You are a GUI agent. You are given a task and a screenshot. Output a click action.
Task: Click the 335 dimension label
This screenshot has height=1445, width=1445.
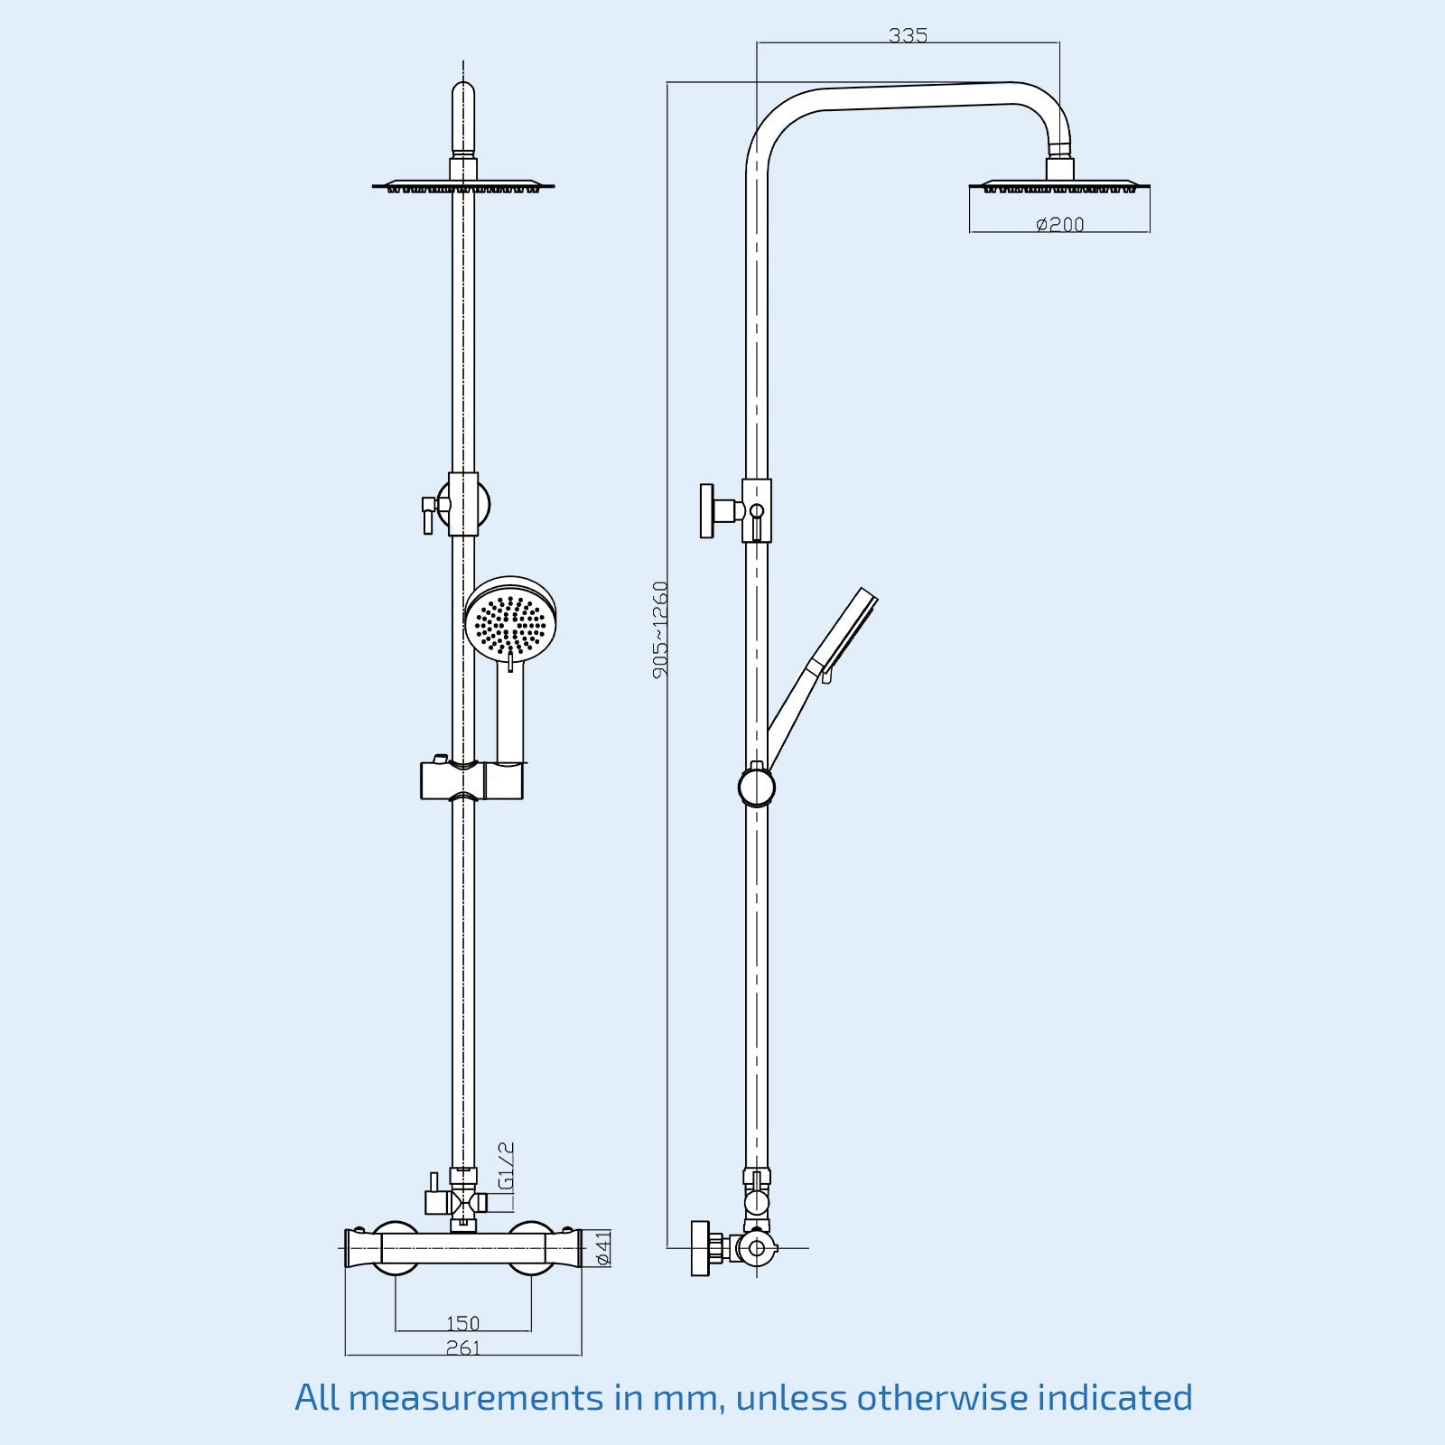click(x=908, y=35)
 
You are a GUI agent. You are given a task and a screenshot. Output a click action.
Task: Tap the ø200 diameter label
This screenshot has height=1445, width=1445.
click(x=1059, y=224)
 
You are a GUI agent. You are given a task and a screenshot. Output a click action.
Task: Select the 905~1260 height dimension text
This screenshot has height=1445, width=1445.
click(x=661, y=629)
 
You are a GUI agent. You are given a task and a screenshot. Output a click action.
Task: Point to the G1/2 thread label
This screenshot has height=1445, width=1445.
click(x=507, y=1166)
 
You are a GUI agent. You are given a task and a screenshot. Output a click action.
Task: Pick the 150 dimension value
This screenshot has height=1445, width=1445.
click(x=462, y=1323)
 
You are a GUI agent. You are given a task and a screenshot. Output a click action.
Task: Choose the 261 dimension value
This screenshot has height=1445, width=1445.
click(x=462, y=1347)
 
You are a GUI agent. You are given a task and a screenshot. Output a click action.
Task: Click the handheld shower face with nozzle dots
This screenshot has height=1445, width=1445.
click(x=510, y=621)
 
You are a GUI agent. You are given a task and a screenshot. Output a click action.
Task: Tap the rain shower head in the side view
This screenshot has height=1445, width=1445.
click(x=1059, y=187)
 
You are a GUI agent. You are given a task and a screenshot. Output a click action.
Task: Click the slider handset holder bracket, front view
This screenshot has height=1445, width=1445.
click(x=471, y=780)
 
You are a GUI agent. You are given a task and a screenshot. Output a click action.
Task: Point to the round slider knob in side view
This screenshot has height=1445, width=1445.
click(x=757, y=787)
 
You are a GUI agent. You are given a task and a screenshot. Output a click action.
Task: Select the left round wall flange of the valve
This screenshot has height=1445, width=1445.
click(x=396, y=1248)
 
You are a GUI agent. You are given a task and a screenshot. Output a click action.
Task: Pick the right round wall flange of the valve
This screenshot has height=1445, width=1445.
click(x=531, y=1248)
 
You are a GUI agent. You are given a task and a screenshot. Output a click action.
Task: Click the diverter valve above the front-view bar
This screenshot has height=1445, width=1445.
click(x=462, y=1201)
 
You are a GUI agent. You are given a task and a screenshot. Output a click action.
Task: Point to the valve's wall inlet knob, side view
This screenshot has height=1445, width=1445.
click(x=700, y=1248)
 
